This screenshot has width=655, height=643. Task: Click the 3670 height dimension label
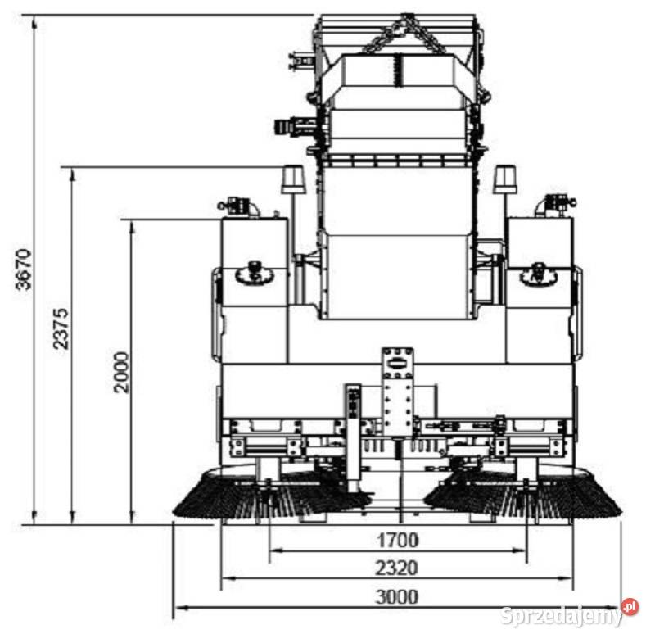[24, 269]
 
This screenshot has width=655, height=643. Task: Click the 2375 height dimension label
[61, 328]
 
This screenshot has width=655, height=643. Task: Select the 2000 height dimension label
[121, 372]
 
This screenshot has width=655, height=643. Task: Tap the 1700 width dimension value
[398, 541]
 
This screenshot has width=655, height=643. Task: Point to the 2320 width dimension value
[397, 568]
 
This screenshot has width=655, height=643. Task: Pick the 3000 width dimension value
[397, 597]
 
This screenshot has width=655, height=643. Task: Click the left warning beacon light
[293, 179]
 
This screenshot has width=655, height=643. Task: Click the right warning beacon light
[505, 179]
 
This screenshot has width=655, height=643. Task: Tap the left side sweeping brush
[272, 495]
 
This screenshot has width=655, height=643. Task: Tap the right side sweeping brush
[523, 495]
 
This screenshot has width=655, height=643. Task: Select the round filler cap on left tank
[255, 274]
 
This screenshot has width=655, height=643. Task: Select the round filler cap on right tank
[540, 274]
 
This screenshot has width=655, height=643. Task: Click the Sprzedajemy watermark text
[562, 615]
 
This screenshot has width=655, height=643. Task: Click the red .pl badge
[630, 607]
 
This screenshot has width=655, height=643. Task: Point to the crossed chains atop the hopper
[404, 34]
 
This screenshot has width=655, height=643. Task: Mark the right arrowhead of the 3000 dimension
[617, 607]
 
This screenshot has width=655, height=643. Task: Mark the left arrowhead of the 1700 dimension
[274, 550]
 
